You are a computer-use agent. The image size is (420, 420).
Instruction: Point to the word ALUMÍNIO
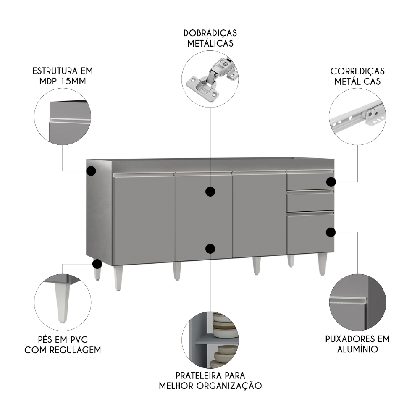tap(357, 349)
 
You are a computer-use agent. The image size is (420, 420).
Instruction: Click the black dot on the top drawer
tap(331, 182)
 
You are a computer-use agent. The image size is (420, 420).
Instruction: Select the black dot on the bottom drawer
tap(331, 232)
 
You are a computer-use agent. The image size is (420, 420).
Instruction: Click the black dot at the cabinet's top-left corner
tap(91, 171)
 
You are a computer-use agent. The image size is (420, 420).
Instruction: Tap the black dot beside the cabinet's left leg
tap(97, 264)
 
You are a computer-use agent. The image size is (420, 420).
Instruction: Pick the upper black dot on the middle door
tap(210, 192)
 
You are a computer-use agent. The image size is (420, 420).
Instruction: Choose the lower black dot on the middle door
tap(210, 249)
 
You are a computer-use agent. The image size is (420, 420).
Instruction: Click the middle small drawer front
tap(310, 202)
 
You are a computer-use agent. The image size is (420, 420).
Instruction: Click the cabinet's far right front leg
tap(322, 265)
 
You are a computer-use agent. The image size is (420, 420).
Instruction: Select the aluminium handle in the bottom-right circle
tap(349, 300)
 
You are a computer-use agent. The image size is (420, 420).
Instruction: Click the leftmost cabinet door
tap(144, 218)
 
